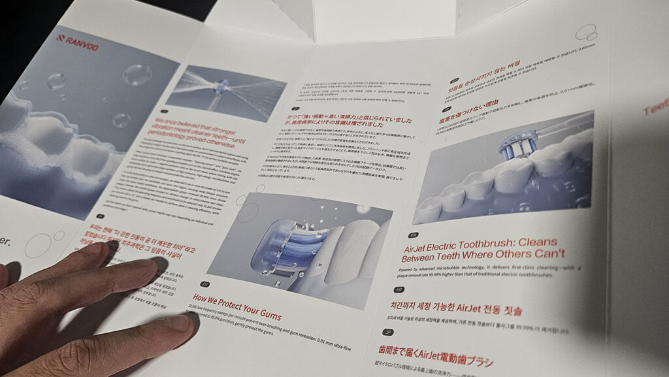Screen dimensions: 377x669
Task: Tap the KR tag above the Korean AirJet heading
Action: (x=399, y=289)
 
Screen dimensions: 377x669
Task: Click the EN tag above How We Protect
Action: (x=204, y=284)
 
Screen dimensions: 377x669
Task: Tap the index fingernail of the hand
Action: (x=174, y=323)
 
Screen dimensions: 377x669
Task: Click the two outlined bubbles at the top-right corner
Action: (x=587, y=32)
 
